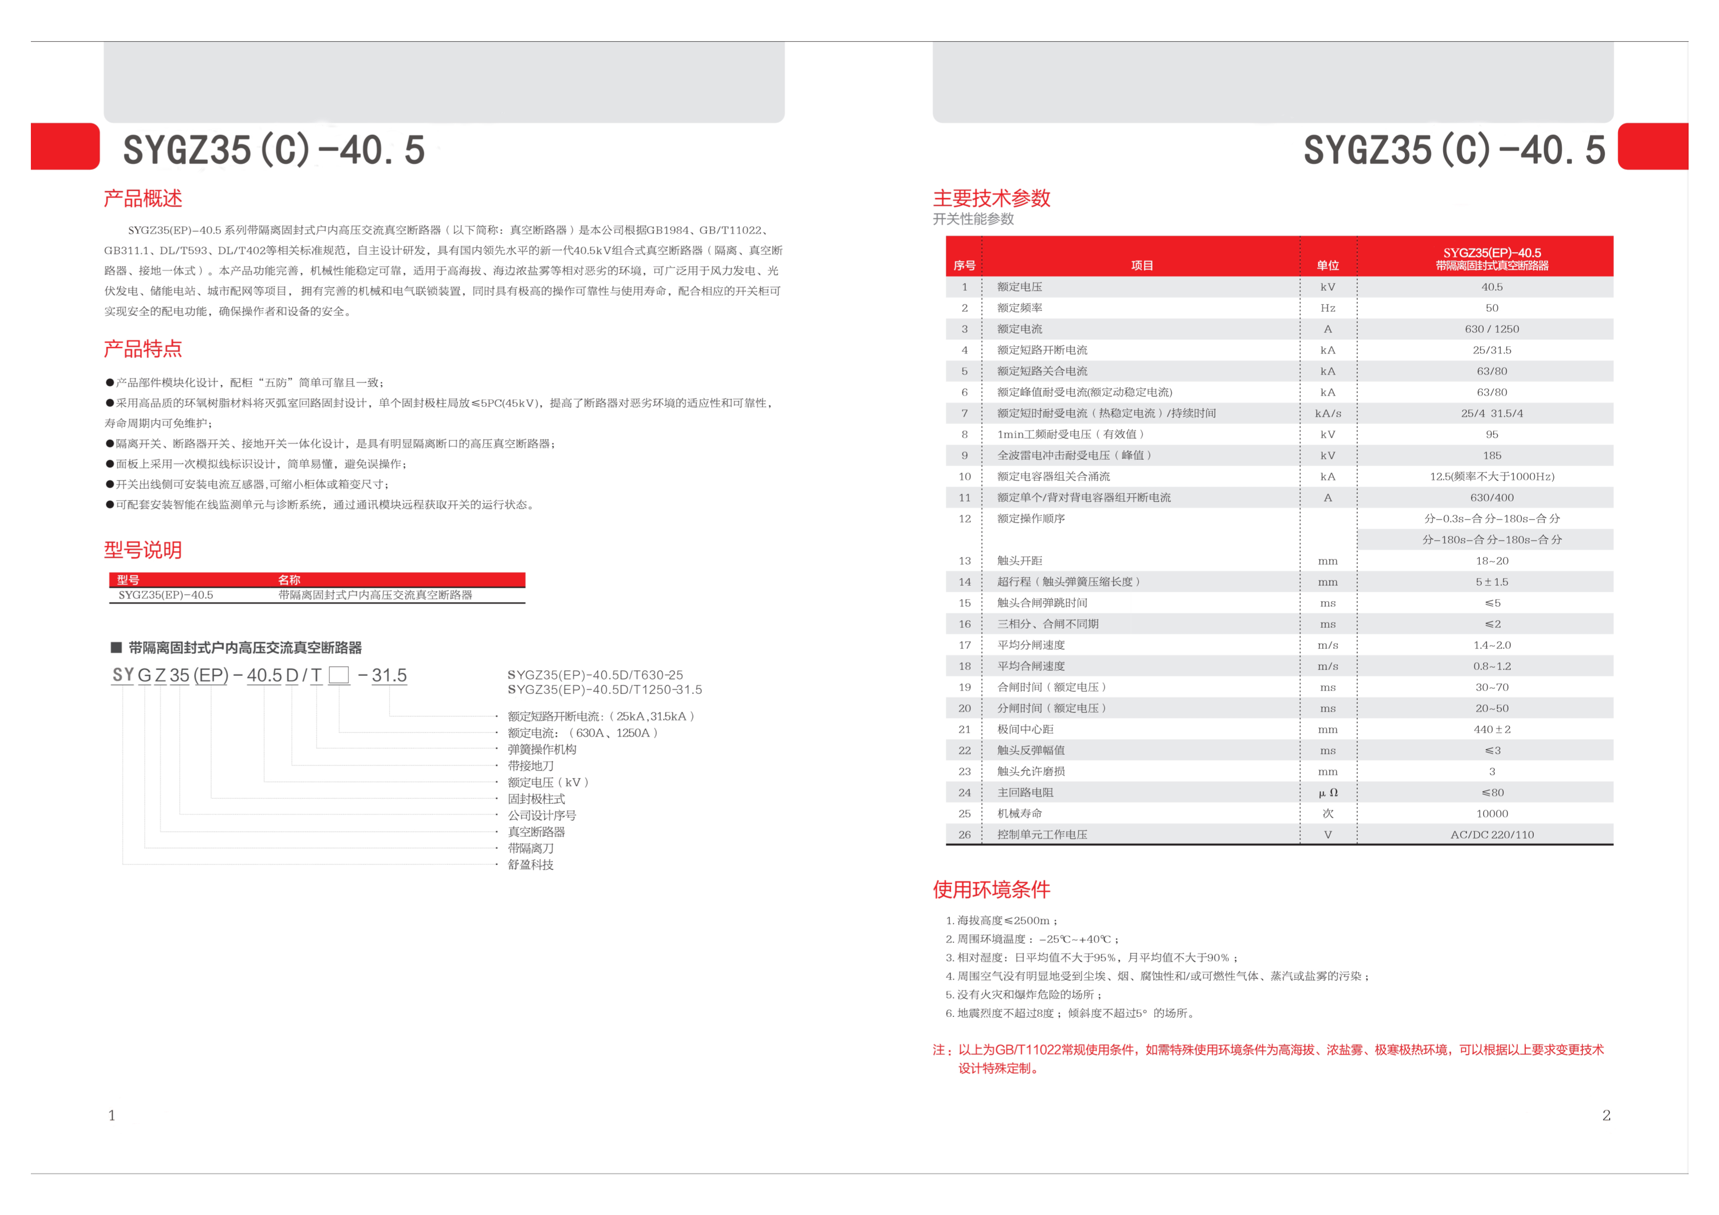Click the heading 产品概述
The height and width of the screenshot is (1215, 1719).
coord(143,198)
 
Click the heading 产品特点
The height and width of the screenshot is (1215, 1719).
coord(143,349)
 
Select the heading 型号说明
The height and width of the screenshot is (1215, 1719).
coord(143,550)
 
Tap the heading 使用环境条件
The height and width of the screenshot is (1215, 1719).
coord(991,890)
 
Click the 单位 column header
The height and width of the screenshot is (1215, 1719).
coord(1327,266)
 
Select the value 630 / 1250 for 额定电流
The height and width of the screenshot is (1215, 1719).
coord(1492,329)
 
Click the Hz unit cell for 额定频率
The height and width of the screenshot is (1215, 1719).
coord(1327,308)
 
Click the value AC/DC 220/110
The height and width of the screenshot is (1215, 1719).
coord(1492,835)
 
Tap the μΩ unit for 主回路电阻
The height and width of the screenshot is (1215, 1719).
coord(1327,793)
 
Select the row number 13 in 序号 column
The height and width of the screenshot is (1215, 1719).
coord(964,561)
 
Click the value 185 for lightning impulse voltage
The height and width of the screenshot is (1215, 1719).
coord(1492,456)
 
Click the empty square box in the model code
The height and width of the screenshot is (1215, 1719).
coord(339,675)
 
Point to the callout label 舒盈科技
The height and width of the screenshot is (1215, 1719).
coord(531,865)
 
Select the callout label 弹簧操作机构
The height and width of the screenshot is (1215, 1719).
coord(542,749)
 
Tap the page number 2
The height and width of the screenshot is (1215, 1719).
coord(1606,1116)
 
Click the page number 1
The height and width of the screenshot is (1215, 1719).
coord(112,1116)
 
